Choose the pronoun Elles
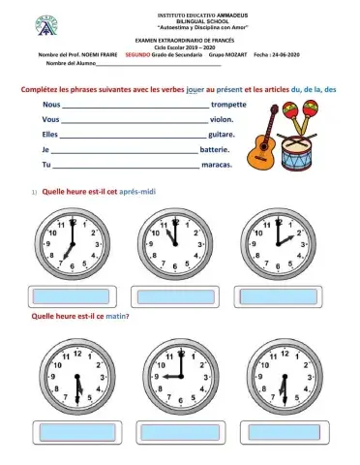(x=52, y=135)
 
